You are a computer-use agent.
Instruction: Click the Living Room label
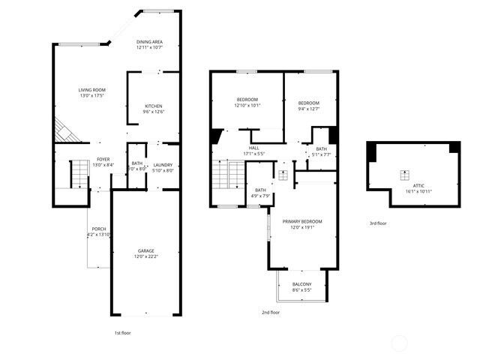click(x=92, y=90)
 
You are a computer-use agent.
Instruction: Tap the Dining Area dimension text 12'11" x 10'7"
click(x=150, y=48)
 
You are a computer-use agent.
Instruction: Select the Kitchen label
click(x=154, y=106)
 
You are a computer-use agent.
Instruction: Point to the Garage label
click(x=145, y=250)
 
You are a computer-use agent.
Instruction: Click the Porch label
click(x=98, y=229)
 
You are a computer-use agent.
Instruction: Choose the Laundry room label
click(x=163, y=165)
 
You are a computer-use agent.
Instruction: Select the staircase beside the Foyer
click(x=79, y=177)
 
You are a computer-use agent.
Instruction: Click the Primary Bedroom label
click(x=302, y=221)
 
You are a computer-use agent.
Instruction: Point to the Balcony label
click(x=302, y=283)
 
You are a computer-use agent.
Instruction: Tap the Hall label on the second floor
click(x=254, y=148)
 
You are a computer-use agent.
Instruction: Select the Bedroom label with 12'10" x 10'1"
click(x=247, y=100)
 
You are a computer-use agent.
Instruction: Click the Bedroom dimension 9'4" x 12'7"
click(x=308, y=109)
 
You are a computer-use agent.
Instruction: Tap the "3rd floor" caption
click(x=378, y=223)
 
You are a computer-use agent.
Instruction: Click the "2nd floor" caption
click(x=271, y=312)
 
